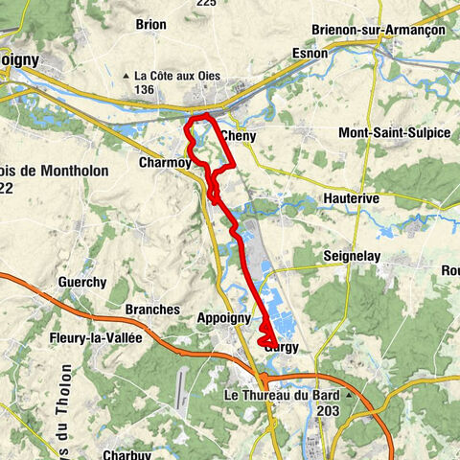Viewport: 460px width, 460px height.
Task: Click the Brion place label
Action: (150, 25)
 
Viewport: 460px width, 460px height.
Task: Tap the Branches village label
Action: (152, 310)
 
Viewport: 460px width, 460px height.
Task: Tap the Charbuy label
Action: (127, 456)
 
